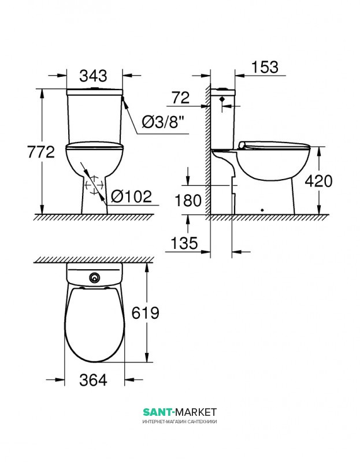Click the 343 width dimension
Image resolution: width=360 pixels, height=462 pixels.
click(93, 76)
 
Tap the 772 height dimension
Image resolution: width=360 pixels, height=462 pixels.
click(41, 152)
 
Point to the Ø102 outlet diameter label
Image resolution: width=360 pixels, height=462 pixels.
click(132, 196)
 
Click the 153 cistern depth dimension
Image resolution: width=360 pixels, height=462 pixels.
click(265, 67)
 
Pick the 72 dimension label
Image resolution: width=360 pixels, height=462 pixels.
click(181, 98)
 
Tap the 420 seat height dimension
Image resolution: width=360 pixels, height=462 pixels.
click(318, 181)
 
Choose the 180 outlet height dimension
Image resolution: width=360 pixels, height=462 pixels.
click(188, 200)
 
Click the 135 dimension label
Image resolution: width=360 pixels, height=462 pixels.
click(184, 243)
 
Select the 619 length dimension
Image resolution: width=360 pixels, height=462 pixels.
click(146, 313)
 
